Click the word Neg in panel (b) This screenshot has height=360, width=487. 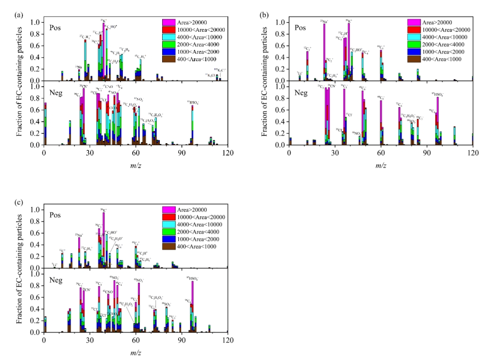click(300, 92)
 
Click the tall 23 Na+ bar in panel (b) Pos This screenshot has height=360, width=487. click(324, 47)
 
